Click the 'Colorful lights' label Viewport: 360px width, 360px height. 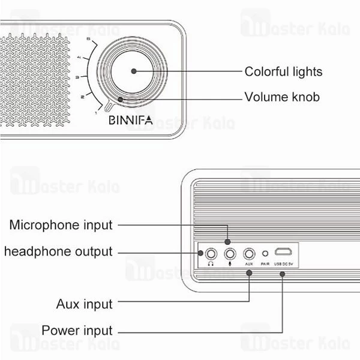pyautogui.click(x=283, y=72)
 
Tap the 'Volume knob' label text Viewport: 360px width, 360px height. pyautogui.click(x=282, y=97)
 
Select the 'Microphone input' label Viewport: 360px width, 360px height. pyautogui.click(x=61, y=225)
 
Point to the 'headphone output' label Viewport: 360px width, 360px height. pyautogui.click(x=58, y=251)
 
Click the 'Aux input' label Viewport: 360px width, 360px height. pyautogui.click(x=84, y=304)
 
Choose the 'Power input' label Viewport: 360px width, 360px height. pyautogui.click(x=77, y=331)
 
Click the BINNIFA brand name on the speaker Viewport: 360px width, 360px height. pyautogui.click(x=131, y=120)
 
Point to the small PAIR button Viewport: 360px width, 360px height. pyautogui.click(x=265, y=253)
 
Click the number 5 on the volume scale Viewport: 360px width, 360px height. pyautogui.click(x=88, y=40)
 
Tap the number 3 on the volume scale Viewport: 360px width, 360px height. pyautogui.click(x=77, y=77)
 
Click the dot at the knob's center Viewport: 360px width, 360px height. pyautogui.click(x=133, y=71)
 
